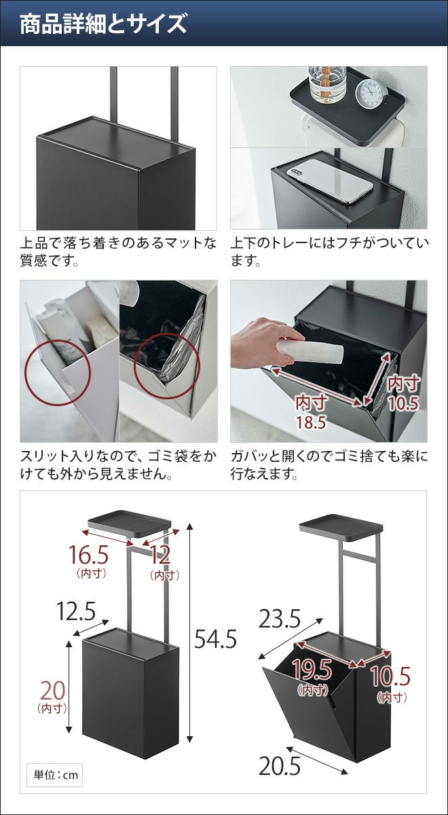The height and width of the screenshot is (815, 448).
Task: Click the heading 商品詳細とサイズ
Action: coord(103,24)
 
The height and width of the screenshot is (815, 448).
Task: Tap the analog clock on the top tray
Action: coord(370,94)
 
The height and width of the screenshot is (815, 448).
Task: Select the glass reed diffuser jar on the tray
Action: coord(327,84)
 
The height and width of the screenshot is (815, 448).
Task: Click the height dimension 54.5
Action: coord(215,639)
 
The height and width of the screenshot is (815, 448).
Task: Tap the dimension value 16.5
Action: coord(88,556)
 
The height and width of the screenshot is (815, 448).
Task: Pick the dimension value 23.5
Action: coord(280,619)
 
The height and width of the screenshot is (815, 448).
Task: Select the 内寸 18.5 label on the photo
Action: coord(311,412)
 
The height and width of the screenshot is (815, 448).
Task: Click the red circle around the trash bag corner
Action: coord(166,365)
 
